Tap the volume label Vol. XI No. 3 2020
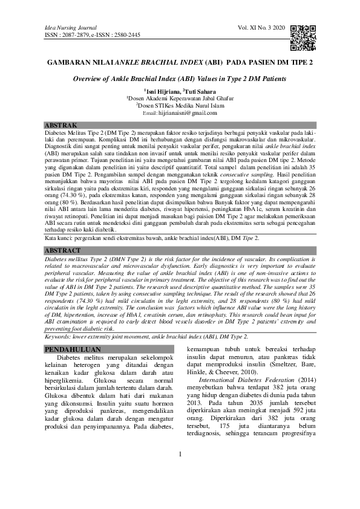260,28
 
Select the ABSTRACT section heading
64,250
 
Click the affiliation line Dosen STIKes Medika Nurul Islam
180,105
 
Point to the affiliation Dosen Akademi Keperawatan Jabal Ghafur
180,97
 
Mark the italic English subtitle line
180,79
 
